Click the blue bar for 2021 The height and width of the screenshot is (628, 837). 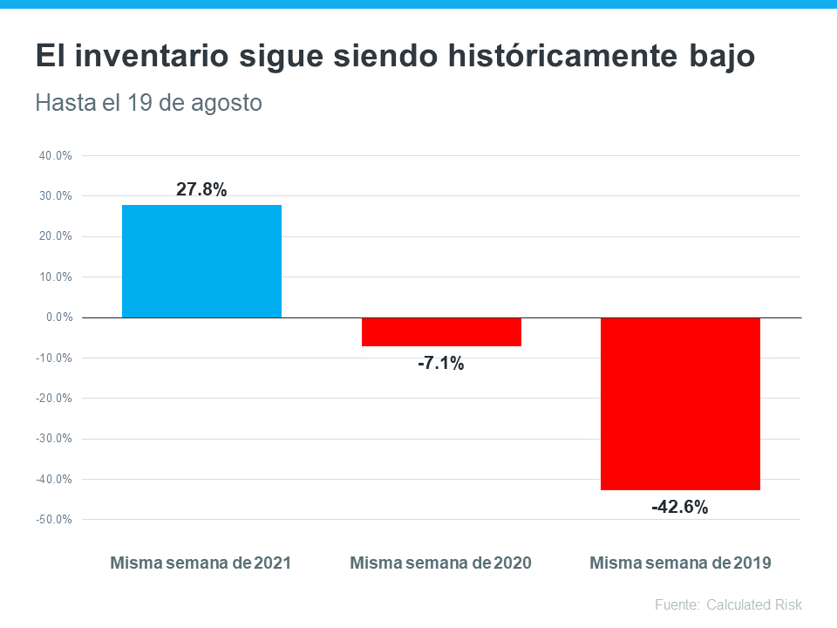[x=201, y=261]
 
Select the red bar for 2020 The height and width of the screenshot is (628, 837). [x=441, y=332]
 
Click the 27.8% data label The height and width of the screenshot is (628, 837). [x=201, y=189]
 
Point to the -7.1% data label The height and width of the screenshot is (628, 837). [x=441, y=364]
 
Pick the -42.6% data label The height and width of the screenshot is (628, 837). [x=680, y=507]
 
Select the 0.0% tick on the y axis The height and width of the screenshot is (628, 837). [x=58, y=317]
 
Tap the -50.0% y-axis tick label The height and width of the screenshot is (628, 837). [x=55, y=520]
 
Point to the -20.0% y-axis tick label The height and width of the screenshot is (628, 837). [x=55, y=399]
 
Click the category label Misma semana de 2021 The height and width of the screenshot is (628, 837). [x=201, y=563]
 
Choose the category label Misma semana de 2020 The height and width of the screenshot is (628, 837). [x=440, y=563]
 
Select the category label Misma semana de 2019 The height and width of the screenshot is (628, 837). [x=680, y=563]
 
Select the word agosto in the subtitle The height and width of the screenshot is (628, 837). [x=228, y=103]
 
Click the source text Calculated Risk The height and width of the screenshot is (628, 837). [x=754, y=604]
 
